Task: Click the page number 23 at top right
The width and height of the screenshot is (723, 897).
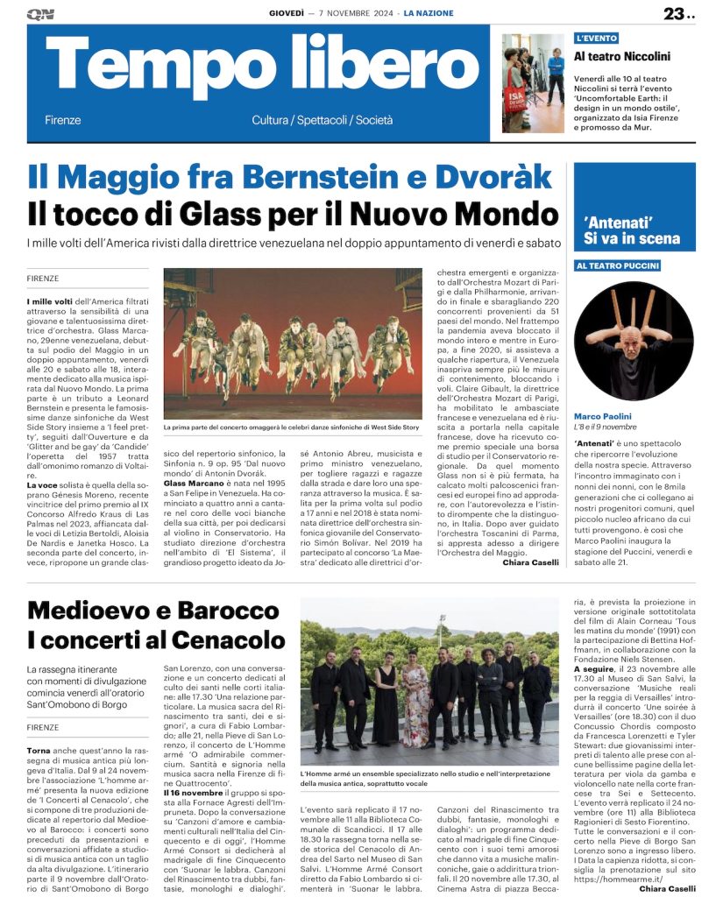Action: coord(676,13)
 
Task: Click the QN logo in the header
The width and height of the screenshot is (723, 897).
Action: coord(40,14)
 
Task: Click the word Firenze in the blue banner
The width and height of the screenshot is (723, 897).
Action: coord(62,120)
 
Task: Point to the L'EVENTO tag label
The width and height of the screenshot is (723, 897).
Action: coord(597,39)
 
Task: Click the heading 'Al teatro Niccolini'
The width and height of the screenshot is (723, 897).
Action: coord(622,56)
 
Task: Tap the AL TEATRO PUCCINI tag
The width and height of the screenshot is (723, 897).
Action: coord(618,265)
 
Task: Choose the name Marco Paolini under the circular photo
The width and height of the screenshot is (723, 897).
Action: coord(604,415)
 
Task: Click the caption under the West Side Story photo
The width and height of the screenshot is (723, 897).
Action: coord(292,427)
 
